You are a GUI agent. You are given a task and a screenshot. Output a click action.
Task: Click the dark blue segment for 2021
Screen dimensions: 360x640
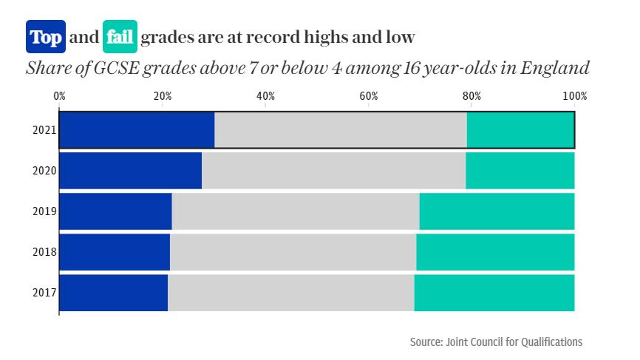[137, 131]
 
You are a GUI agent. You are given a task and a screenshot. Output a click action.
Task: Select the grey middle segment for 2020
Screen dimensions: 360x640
[333, 171]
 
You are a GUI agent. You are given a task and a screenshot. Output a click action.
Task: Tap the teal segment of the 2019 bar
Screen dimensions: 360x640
[497, 211]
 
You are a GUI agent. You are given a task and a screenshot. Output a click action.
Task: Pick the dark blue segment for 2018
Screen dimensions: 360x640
[115, 252]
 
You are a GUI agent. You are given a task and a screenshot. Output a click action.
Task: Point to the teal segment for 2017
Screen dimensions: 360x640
[494, 293]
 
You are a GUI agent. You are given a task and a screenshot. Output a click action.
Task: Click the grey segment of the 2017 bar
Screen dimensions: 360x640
[290, 293]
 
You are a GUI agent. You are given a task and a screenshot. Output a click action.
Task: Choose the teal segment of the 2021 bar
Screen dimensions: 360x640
[520, 131]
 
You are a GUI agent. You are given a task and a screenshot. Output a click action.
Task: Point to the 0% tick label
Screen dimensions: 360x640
[60, 96]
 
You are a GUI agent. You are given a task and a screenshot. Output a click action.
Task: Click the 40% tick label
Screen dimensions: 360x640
[265, 96]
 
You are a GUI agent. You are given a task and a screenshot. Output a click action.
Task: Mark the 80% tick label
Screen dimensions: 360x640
[472, 96]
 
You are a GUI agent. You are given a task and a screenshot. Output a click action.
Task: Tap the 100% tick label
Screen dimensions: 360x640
[574, 96]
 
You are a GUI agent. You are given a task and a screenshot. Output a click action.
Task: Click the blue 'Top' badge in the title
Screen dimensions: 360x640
[46, 37]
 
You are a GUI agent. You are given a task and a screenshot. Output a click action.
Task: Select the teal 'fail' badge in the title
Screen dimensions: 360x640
[120, 37]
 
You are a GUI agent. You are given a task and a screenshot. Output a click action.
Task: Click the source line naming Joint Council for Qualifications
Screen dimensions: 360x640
[496, 342]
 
